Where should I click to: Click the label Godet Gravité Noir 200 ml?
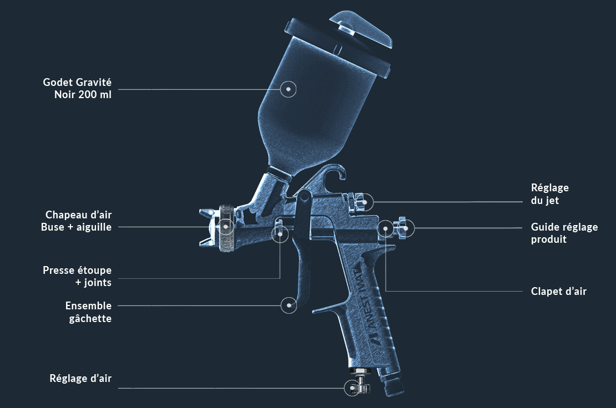click(x=77, y=89)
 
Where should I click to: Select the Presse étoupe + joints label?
click(x=77, y=277)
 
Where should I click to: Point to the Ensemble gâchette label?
click(x=88, y=312)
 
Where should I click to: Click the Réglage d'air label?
click(x=80, y=379)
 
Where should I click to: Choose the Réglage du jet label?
click(x=549, y=194)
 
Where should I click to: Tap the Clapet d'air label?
click(x=558, y=291)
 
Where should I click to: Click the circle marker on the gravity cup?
click(x=288, y=89)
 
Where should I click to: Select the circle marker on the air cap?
click(x=226, y=226)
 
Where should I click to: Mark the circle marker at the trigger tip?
click(x=289, y=305)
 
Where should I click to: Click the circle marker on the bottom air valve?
click(x=352, y=388)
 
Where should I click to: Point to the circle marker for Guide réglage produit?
click(x=406, y=228)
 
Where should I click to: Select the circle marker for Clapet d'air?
click(x=385, y=228)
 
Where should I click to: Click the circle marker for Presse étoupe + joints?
click(x=280, y=234)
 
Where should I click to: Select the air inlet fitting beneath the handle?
click(x=391, y=382)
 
